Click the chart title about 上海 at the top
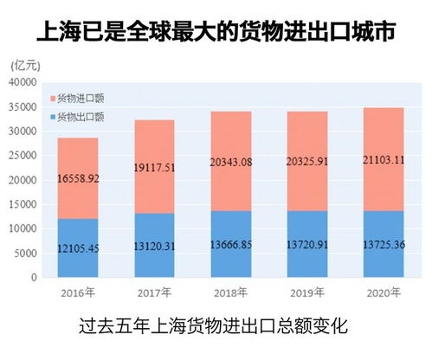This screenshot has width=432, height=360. pyautogui.click(x=216, y=33)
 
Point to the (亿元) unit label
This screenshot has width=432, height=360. pyautogui.click(x=26, y=65)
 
